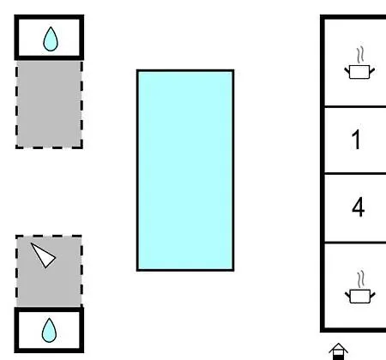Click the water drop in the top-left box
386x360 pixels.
[51, 39]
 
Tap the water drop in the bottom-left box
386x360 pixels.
[49, 330]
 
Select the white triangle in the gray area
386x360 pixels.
[44, 255]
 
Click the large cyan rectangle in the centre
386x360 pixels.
[185, 170]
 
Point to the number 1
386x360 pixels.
[356, 140]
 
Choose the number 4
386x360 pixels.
[358, 207]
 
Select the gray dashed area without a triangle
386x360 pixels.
[49, 105]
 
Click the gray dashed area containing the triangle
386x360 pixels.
[49, 271]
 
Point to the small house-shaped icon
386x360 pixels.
[339, 351]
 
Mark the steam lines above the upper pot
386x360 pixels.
[360, 55]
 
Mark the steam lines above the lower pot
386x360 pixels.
[361, 279]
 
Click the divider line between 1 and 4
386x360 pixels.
[355, 173]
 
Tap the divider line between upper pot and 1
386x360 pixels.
[355, 106]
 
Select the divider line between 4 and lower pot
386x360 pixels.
[355, 243]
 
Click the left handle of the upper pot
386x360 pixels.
[347, 70]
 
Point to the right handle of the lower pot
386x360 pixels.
[372, 295]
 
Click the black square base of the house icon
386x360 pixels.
[339, 357]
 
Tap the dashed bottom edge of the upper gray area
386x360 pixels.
[49, 147]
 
